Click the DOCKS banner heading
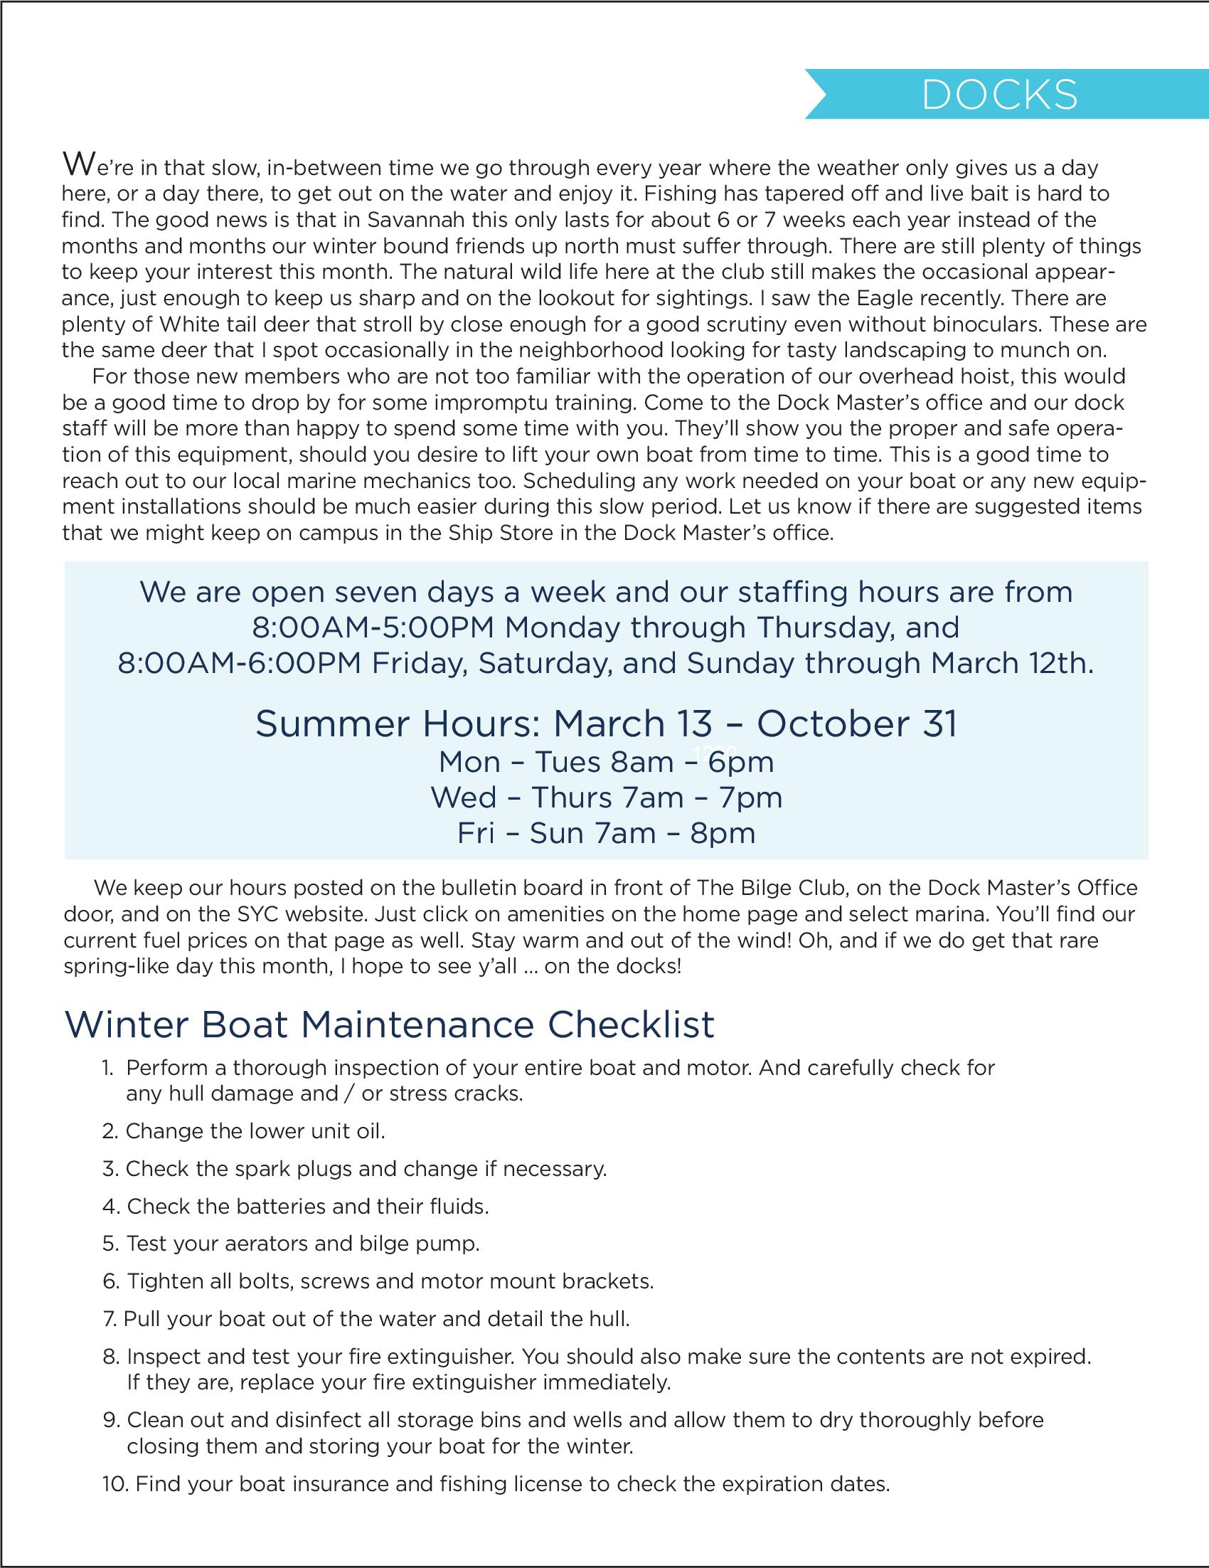click(x=998, y=95)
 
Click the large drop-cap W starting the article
click(x=77, y=164)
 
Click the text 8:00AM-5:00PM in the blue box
click(x=373, y=628)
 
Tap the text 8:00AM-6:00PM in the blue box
click(x=239, y=663)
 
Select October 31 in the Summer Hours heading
click(x=857, y=724)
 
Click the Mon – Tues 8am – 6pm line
click(x=606, y=762)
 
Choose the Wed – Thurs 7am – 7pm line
click(x=606, y=798)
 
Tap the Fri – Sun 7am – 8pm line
click(x=606, y=833)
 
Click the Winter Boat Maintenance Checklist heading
click(x=390, y=1024)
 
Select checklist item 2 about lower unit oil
click(x=244, y=1131)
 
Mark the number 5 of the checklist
click(x=110, y=1244)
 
